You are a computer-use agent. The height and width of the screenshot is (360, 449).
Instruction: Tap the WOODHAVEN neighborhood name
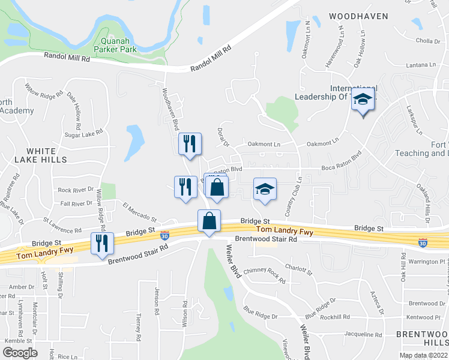coord(358,16)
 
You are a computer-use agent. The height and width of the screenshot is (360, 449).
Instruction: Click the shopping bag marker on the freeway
coord(209,221)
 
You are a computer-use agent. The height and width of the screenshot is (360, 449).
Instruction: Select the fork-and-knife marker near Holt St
coord(102,243)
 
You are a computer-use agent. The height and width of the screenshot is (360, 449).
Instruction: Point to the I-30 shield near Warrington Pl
coord(423,242)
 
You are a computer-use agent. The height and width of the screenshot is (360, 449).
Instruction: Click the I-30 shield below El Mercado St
coord(165,236)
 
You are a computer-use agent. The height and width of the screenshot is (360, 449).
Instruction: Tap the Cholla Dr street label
coord(428,41)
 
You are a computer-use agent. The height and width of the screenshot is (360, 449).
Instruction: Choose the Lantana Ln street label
coord(420,65)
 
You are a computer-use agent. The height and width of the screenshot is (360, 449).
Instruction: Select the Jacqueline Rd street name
coord(365,334)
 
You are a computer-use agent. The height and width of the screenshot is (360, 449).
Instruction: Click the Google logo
coord(20,353)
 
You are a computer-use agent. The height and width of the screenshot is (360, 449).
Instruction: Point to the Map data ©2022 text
coord(423,355)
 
